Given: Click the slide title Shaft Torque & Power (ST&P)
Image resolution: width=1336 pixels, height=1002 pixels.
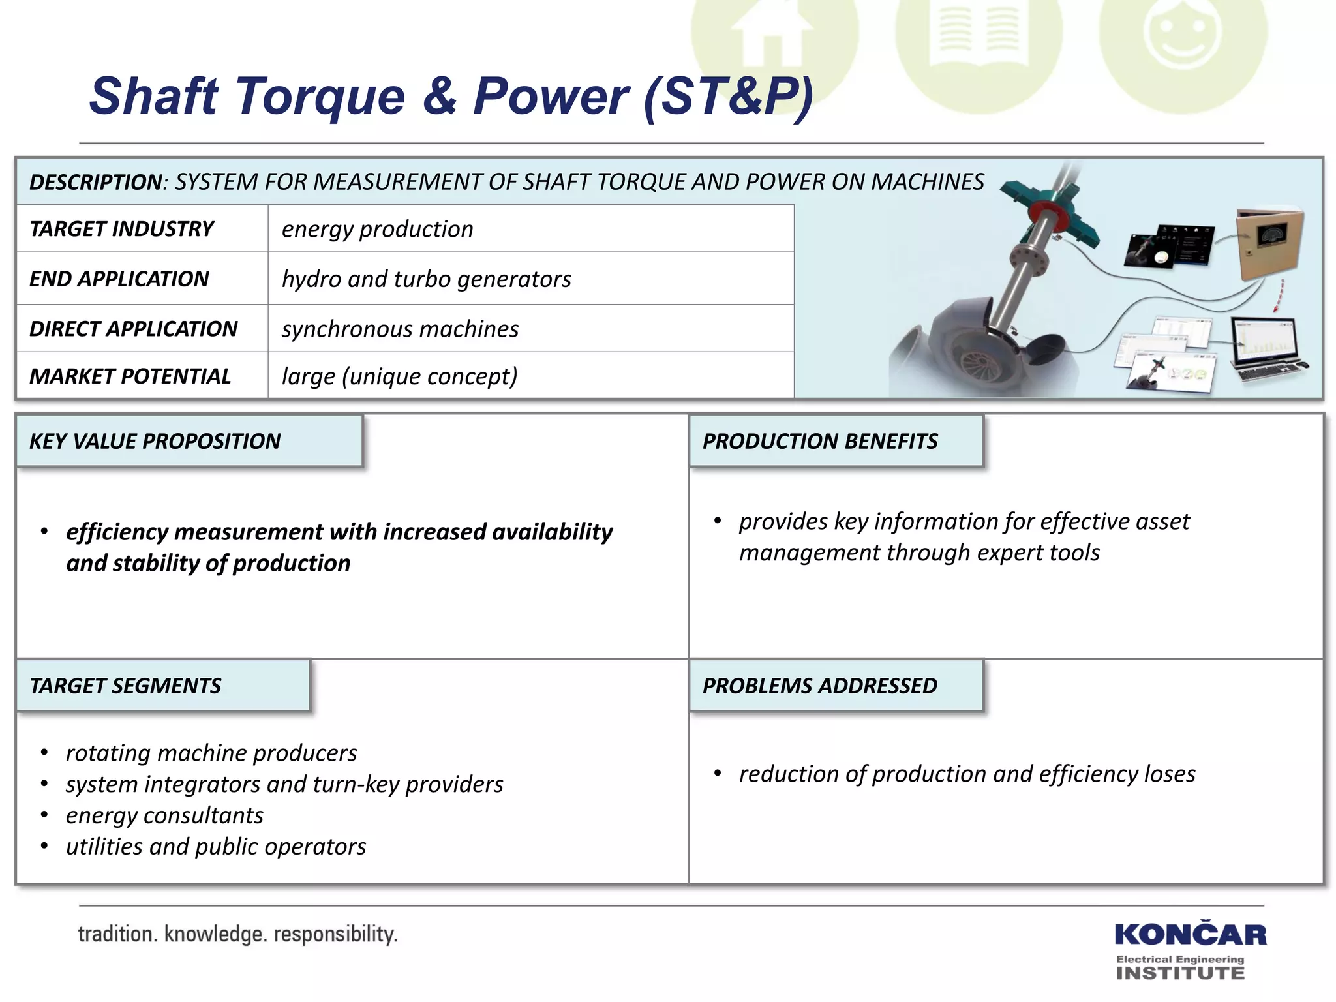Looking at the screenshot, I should click(x=450, y=97).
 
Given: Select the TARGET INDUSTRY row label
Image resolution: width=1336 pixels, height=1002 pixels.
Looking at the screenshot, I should click(x=121, y=229).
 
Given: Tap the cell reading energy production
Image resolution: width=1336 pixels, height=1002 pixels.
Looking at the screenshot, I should click(x=377, y=229).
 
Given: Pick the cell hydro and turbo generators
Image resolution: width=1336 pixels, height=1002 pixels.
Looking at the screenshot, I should click(x=426, y=279).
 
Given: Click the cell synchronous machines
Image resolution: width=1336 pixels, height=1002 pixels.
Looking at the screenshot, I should click(x=400, y=329).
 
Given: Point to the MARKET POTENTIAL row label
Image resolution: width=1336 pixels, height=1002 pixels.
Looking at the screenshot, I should click(x=130, y=376).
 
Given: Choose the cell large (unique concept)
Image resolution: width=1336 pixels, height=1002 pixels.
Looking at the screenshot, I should click(x=399, y=376).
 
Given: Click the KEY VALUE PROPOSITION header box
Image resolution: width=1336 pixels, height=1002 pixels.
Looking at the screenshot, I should click(x=189, y=441).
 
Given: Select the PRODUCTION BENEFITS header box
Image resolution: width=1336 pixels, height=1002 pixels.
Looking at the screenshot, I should click(x=836, y=441).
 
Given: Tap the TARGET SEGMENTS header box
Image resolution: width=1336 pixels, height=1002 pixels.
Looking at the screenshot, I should click(x=162, y=686).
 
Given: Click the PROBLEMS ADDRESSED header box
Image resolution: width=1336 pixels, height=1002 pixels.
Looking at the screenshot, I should click(x=836, y=686).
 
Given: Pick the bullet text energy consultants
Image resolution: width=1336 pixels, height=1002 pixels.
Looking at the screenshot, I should click(x=164, y=815).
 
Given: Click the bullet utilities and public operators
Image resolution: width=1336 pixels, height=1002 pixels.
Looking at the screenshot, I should click(x=216, y=847).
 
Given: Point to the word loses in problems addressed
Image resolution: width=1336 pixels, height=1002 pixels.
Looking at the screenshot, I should click(x=1171, y=774).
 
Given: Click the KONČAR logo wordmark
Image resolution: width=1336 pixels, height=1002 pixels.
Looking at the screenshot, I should click(x=1190, y=935).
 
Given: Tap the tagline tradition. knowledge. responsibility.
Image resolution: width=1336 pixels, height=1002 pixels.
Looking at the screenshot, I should click(x=237, y=934).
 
